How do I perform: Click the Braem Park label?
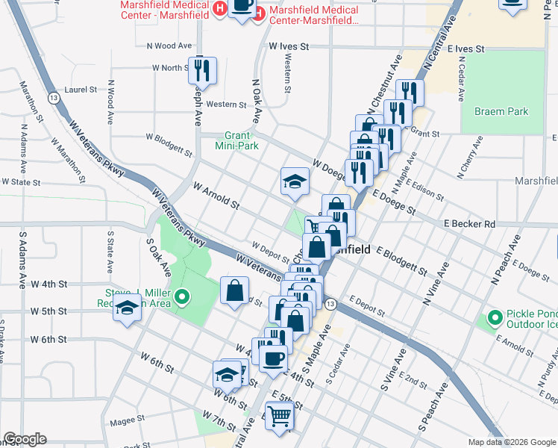point(501,111)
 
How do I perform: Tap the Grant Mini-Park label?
point(236,140)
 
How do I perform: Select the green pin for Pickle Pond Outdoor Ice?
point(494,319)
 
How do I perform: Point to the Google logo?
point(25,440)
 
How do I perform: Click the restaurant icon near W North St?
point(202,71)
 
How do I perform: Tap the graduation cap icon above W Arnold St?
point(295,181)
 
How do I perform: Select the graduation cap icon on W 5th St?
point(128,308)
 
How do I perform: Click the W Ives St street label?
point(289,46)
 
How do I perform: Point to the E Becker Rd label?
point(469,223)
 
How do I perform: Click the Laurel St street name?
point(81,89)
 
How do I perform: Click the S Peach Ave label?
point(432,408)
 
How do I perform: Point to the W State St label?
point(20,181)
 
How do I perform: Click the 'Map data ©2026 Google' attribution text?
point(511,442)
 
